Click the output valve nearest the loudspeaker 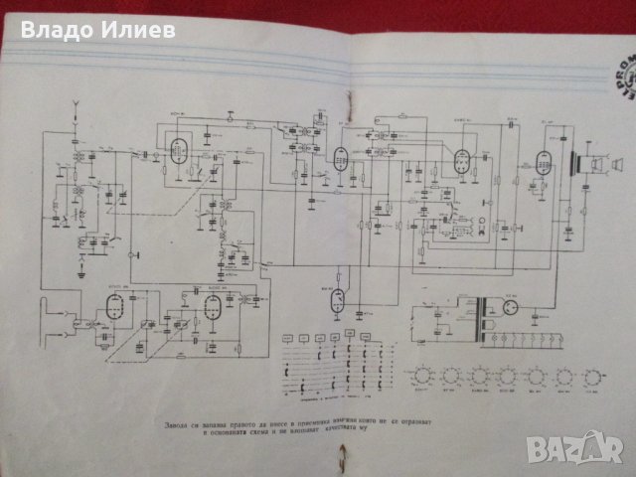[543, 162]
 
